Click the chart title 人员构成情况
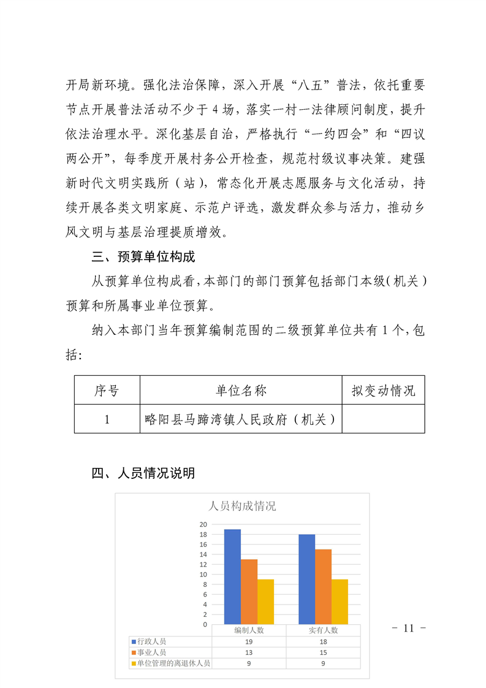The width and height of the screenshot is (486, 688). coord(242,506)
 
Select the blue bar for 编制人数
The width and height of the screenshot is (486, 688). coord(232,576)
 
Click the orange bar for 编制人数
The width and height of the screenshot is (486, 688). coord(249,592)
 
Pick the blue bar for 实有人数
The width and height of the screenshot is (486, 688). coord(306,579)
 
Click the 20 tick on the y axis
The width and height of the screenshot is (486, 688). coord(203,524)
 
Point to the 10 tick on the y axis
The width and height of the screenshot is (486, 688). coord(203,575)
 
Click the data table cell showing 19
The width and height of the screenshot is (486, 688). coord(249,641)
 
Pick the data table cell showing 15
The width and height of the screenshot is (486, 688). coord(323,652)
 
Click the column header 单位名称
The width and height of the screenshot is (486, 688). coord(241,391)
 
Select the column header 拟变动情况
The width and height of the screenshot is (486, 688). coord(383,391)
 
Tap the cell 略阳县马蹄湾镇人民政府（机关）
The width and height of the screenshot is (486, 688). coord(241,419)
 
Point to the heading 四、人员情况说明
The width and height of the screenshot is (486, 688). coord(143,473)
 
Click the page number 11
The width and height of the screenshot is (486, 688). coord(409,628)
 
